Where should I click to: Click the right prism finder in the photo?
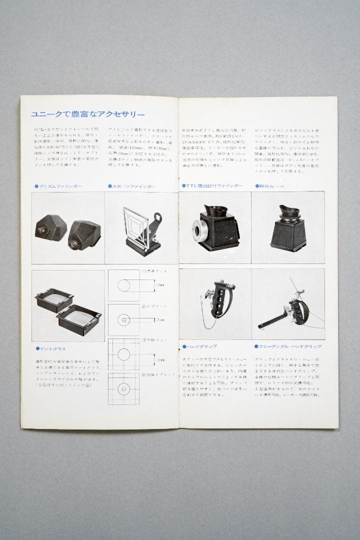pyautogui.click(x=84, y=233)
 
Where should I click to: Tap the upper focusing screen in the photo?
pyautogui.click(x=53, y=300)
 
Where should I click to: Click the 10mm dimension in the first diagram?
pyautogui.click(x=160, y=285)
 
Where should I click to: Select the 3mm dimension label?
pyautogui.click(x=160, y=319)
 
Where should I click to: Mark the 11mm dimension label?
pyautogui.click(x=160, y=359)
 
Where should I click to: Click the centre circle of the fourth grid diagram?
pyautogui.click(x=123, y=388)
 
